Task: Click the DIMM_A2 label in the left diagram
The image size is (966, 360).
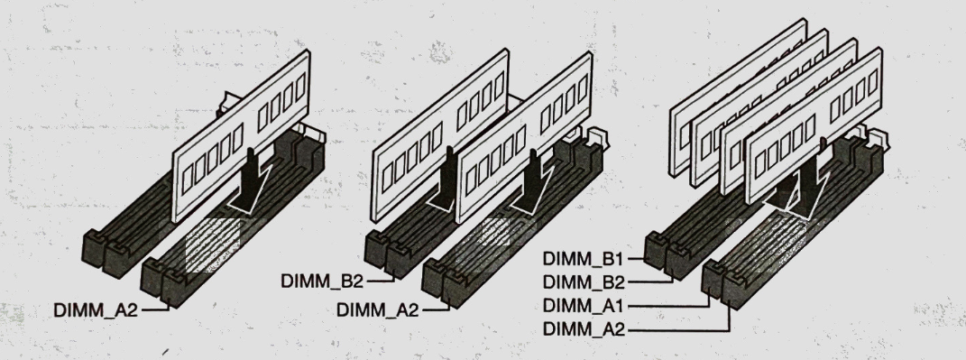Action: pyautogui.click(x=96, y=310)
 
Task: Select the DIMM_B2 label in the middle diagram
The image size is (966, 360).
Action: pyautogui.click(x=322, y=282)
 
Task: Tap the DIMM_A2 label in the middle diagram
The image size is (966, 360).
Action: pyautogui.click(x=378, y=310)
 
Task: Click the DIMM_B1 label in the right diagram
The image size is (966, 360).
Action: pyautogui.click(x=584, y=259)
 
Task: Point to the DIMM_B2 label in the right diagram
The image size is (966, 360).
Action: pyautogui.click(x=584, y=282)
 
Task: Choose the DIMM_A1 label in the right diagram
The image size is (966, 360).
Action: pyautogui.click(x=584, y=306)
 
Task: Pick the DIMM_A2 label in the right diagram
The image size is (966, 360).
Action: pyautogui.click(x=584, y=330)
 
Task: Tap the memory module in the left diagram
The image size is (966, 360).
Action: pyautogui.click(x=240, y=135)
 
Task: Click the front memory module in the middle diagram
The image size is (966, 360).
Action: pyautogui.click(x=524, y=137)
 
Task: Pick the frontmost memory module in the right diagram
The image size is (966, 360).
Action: pyautogui.click(x=814, y=126)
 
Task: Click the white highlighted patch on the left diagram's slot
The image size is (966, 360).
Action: pyautogui.click(x=213, y=245)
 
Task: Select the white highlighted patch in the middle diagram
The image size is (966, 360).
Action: pyautogui.click(x=495, y=232)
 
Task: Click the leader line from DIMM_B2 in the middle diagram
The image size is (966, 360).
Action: pyautogui.click(x=381, y=279)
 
